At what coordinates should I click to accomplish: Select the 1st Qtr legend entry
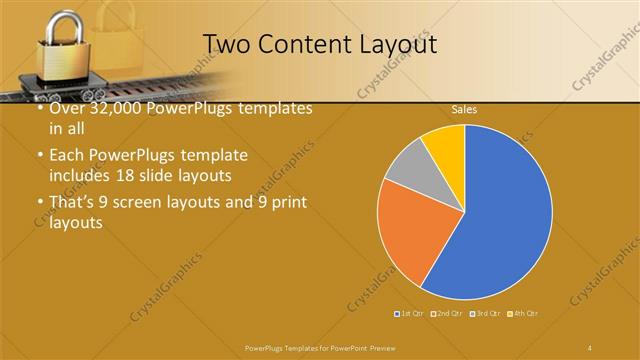pyautogui.click(x=410, y=314)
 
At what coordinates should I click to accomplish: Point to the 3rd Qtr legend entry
pyautogui.click(x=485, y=314)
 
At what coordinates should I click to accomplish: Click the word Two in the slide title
pyautogui.click(x=225, y=44)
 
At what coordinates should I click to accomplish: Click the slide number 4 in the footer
pyautogui.click(x=590, y=347)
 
